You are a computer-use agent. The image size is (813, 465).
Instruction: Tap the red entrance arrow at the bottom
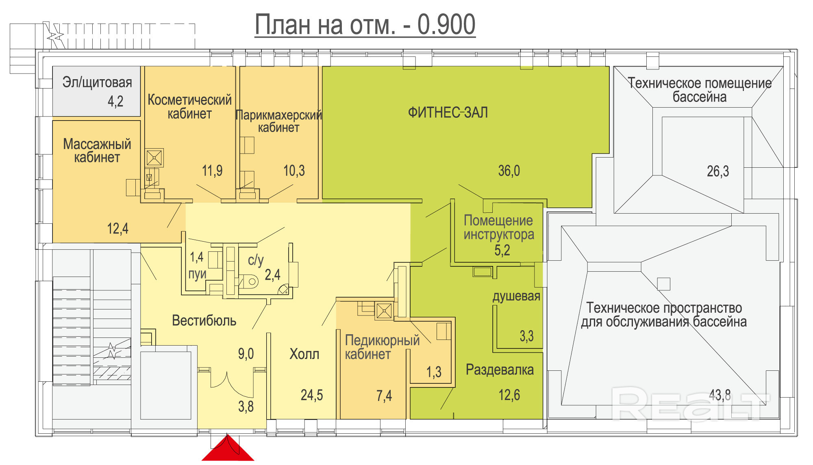click(x=228, y=449)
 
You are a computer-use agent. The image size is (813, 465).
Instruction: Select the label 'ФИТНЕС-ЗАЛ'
click(x=448, y=112)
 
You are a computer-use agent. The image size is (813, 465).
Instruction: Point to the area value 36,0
click(x=509, y=171)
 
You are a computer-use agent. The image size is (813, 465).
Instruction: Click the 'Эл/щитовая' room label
click(x=97, y=82)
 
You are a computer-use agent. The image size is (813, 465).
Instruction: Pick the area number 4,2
click(x=115, y=101)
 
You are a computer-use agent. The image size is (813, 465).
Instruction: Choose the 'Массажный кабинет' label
click(x=97, y=151)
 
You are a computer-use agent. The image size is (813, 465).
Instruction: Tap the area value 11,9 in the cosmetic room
click(x=212, y=171)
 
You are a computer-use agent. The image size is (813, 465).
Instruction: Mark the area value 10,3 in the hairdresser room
click(x=294, y=171)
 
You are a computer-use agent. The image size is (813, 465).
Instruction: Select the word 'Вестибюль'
click(x=204, y=321)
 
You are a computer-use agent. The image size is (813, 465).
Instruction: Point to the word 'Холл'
click(x=304, y=354)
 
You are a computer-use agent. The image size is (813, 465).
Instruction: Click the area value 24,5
click(x=312, y=395)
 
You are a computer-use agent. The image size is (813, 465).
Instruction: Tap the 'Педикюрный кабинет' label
click(x=382, y=347)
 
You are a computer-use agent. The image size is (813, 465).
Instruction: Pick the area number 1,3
click(x=434, y=372)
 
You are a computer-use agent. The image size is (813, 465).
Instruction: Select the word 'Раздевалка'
click(x=500, y=370)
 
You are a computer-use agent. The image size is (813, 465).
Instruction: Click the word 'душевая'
click(x=516, y=296)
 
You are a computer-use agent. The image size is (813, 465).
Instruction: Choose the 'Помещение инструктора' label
click(x=499, y=228)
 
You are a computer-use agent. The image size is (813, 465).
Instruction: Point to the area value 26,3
click(x=718, y=171)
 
